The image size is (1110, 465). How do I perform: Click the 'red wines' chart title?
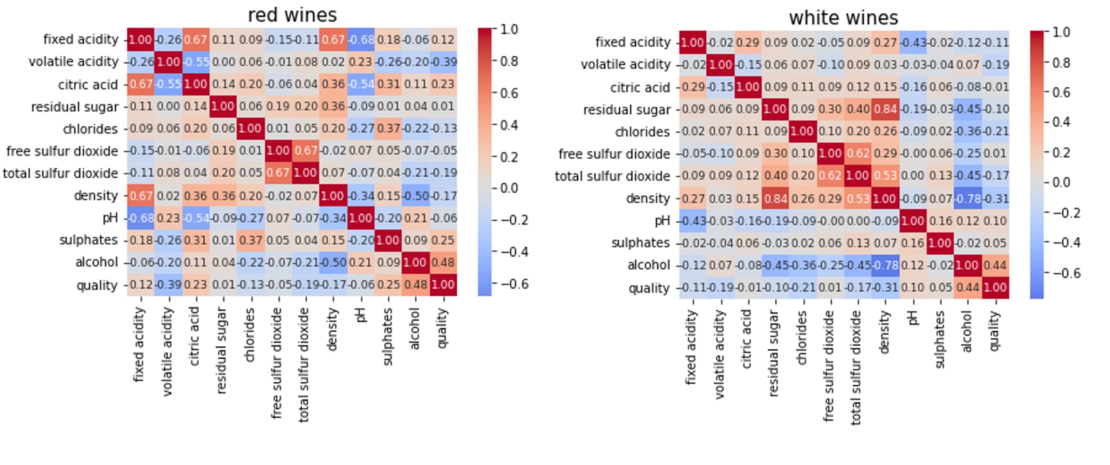click(292, 15)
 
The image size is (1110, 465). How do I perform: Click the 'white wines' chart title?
click(843, 18)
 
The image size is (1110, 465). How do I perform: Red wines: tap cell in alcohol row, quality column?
click(443, 262)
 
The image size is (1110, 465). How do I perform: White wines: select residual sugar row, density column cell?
click(885, 109)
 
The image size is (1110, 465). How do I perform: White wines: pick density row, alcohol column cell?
click(968, 198)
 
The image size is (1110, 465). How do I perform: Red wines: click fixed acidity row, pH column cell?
click(361, 39)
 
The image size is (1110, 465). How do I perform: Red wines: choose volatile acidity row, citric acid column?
click(195, 62)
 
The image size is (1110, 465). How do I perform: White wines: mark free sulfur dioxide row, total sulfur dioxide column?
click(858, 154)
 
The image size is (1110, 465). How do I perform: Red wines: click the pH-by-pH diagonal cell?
click(361, 218)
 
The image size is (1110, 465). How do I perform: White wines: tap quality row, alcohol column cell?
click(968, 287)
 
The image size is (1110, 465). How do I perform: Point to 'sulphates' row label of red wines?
click(88, 240)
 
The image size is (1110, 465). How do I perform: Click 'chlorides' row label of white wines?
click(642, 132)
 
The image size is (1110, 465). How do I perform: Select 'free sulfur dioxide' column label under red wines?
click(277, 363)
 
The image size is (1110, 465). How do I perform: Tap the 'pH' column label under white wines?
click(913, 318)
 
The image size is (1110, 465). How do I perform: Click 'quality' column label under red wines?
click(442, 328)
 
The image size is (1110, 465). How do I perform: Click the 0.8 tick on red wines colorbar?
click(509, 61)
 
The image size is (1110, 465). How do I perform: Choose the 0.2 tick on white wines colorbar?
click(1061, 152)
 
